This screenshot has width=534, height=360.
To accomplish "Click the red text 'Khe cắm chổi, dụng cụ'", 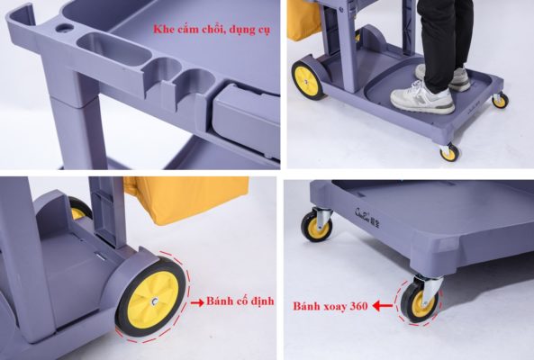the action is tap(212, 30).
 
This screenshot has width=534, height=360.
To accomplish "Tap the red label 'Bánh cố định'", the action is tap(240, 301).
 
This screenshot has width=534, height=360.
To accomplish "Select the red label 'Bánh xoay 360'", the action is tap(330, 306).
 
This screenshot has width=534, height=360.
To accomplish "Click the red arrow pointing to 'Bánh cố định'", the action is tap(197, 302).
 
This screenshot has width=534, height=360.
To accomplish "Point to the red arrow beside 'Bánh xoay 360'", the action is tap(383, 306).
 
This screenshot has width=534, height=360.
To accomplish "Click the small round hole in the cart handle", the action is tap(64, 28).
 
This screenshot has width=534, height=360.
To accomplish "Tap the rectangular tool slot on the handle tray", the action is tap(114, 49).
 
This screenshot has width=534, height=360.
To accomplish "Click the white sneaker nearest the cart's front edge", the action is tap(422, 98).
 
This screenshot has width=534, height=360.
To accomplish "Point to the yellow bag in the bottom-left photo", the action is tap(186, 200).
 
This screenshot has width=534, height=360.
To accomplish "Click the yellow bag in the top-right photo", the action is tap(304, 20).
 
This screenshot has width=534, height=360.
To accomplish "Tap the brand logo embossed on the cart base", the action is tap(367, 217).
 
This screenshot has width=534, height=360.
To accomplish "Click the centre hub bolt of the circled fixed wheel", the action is tap(155, 301).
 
